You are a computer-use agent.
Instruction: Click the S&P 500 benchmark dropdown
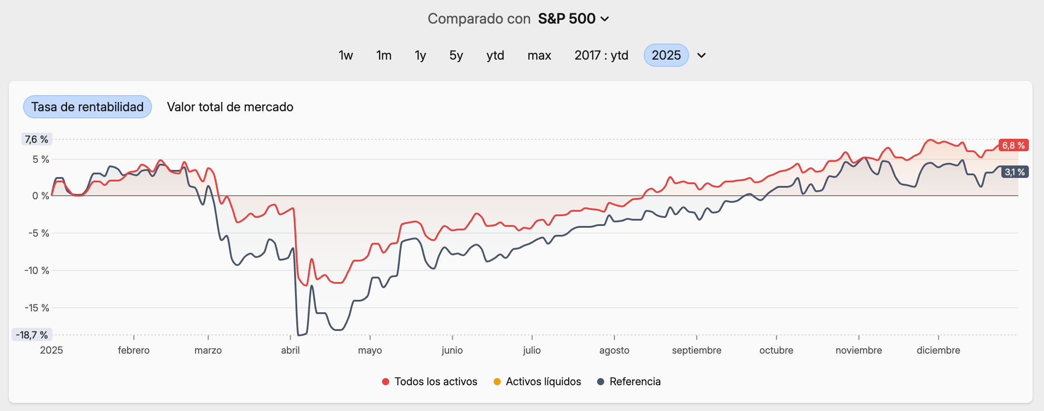(573, 19)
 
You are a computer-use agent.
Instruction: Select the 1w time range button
(346, 55)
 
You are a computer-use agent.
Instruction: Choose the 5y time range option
(456, 55)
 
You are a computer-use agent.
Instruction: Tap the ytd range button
(495, 55)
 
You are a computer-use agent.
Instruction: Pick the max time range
(539, 55)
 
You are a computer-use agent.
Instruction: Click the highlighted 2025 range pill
(666, 55)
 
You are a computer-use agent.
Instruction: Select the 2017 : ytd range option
(601, 55)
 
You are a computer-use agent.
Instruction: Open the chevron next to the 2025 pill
(701, 56)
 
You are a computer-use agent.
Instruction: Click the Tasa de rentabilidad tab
(88, 107)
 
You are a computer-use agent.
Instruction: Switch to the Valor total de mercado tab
(230, 107)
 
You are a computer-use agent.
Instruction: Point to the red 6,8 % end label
(1013, 145)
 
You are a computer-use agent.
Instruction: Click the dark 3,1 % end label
(1015, 172)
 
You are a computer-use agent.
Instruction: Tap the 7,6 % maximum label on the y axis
(36, 139)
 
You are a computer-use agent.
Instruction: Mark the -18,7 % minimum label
(32, 335)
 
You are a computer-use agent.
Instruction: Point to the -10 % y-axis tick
(36, 270)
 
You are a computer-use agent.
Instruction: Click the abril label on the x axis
(290, 350)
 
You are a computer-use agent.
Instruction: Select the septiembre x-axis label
(696, 350)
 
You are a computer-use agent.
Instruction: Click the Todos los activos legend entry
(430, 382)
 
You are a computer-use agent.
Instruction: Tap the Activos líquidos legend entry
(537, 382)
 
